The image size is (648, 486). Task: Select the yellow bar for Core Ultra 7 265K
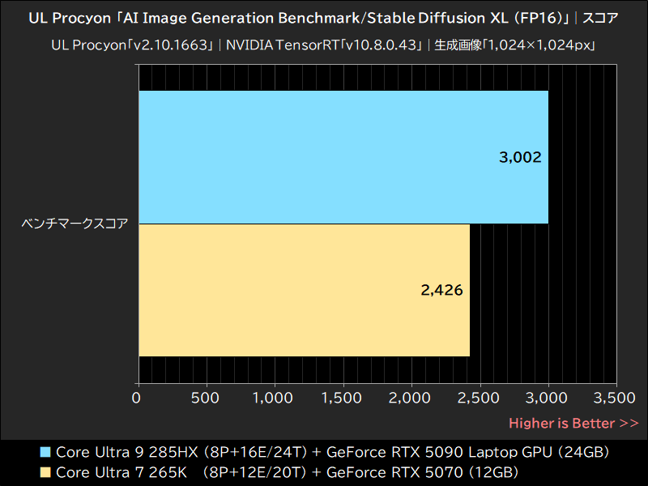pos(304,289)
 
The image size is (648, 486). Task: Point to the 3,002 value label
pos(520,157)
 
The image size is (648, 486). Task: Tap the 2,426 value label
pos(441,290)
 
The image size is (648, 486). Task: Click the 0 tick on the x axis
pos(136,398)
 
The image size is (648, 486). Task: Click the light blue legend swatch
pos(45,451)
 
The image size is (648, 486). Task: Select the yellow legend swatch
pos(45,471)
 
